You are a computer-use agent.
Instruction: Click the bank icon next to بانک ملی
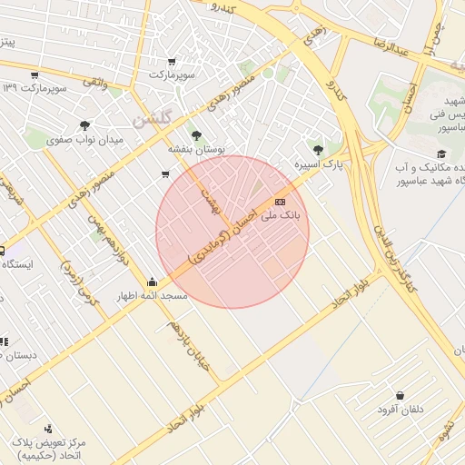[x=279, y=201]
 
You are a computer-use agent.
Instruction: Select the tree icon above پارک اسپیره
[x=317, y=150]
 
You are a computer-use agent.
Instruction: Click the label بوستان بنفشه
[x=196, y=147]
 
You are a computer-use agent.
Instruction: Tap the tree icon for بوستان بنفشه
[x=196, y=134]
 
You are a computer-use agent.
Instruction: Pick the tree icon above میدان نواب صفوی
[x=84, y=126]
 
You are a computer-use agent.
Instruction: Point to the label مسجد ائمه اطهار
[x=151, y=296]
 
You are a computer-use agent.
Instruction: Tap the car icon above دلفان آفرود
[x=401, y=395]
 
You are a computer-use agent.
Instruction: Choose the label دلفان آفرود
[x=401, y=410]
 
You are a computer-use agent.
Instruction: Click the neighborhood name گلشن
[x=151, y=119]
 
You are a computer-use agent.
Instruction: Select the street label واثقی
[x=95, y=83]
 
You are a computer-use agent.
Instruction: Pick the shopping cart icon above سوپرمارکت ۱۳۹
[x=35, y=74]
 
